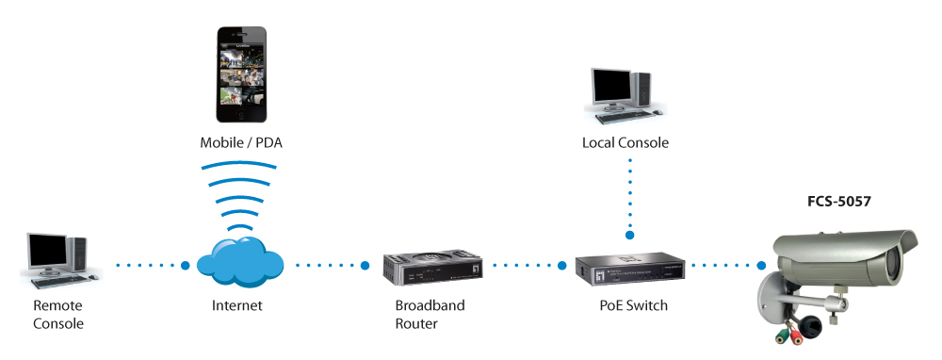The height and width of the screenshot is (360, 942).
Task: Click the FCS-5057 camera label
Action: (x=838, y=202)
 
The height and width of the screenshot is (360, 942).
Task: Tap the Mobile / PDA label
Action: (x=241, y=143)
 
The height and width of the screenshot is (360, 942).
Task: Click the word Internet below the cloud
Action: (x=236, y=305)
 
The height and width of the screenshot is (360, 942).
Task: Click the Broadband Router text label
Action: (x=430, y=315)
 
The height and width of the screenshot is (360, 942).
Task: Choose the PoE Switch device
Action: (x=630, y=270)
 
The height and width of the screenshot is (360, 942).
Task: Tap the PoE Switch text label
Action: (x=633, y=305)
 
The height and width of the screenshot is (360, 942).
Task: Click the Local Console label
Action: (x=625, y=143)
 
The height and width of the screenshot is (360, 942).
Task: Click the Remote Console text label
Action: (x=57, y=315)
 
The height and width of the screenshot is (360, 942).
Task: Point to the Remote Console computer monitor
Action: (x=47, y=253)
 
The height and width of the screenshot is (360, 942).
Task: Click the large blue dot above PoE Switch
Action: (x=630, y=236)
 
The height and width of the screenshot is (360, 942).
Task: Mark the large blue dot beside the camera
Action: (x=761, y=265)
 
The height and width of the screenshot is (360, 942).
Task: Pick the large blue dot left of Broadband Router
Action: (x=365, y=265)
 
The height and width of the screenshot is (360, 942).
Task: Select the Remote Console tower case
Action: (x=78, y=254)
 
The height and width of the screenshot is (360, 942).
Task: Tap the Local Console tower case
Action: (x=642, y=90)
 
